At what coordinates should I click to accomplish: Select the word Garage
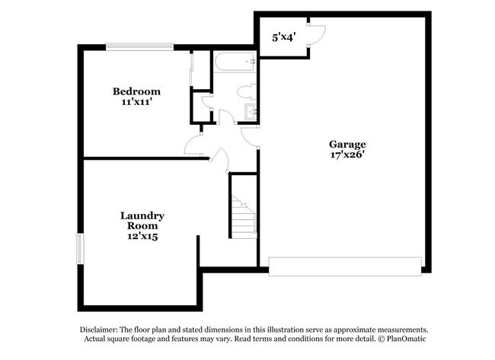347,144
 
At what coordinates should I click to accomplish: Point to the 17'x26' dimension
347,155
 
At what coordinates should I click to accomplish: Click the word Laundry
142,215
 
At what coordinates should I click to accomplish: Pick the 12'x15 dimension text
142,237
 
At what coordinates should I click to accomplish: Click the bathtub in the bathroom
235,62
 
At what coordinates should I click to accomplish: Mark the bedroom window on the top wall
142,47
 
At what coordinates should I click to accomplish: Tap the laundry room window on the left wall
79,250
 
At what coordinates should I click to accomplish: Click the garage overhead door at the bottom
345,266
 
